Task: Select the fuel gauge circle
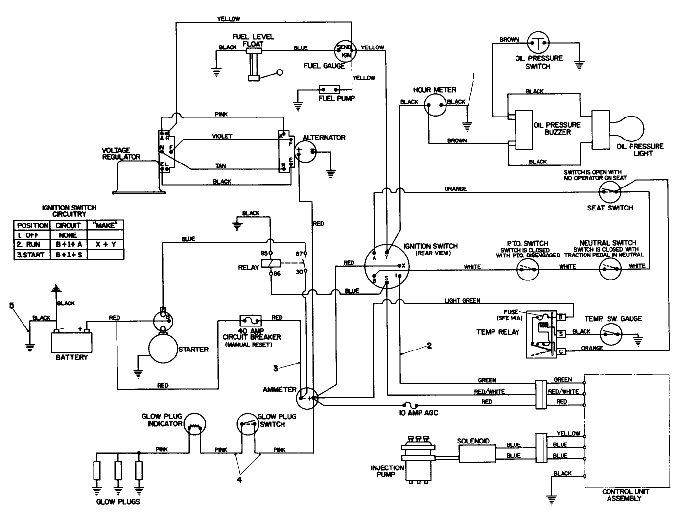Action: point(344,50)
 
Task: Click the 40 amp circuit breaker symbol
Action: point(251,321)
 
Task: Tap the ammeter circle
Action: point(307,398)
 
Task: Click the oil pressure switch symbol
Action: point(538,44)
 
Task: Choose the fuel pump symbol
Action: point(329,90)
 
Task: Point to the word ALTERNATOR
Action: point(324,138)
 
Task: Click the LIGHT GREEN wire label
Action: point(462,300)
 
